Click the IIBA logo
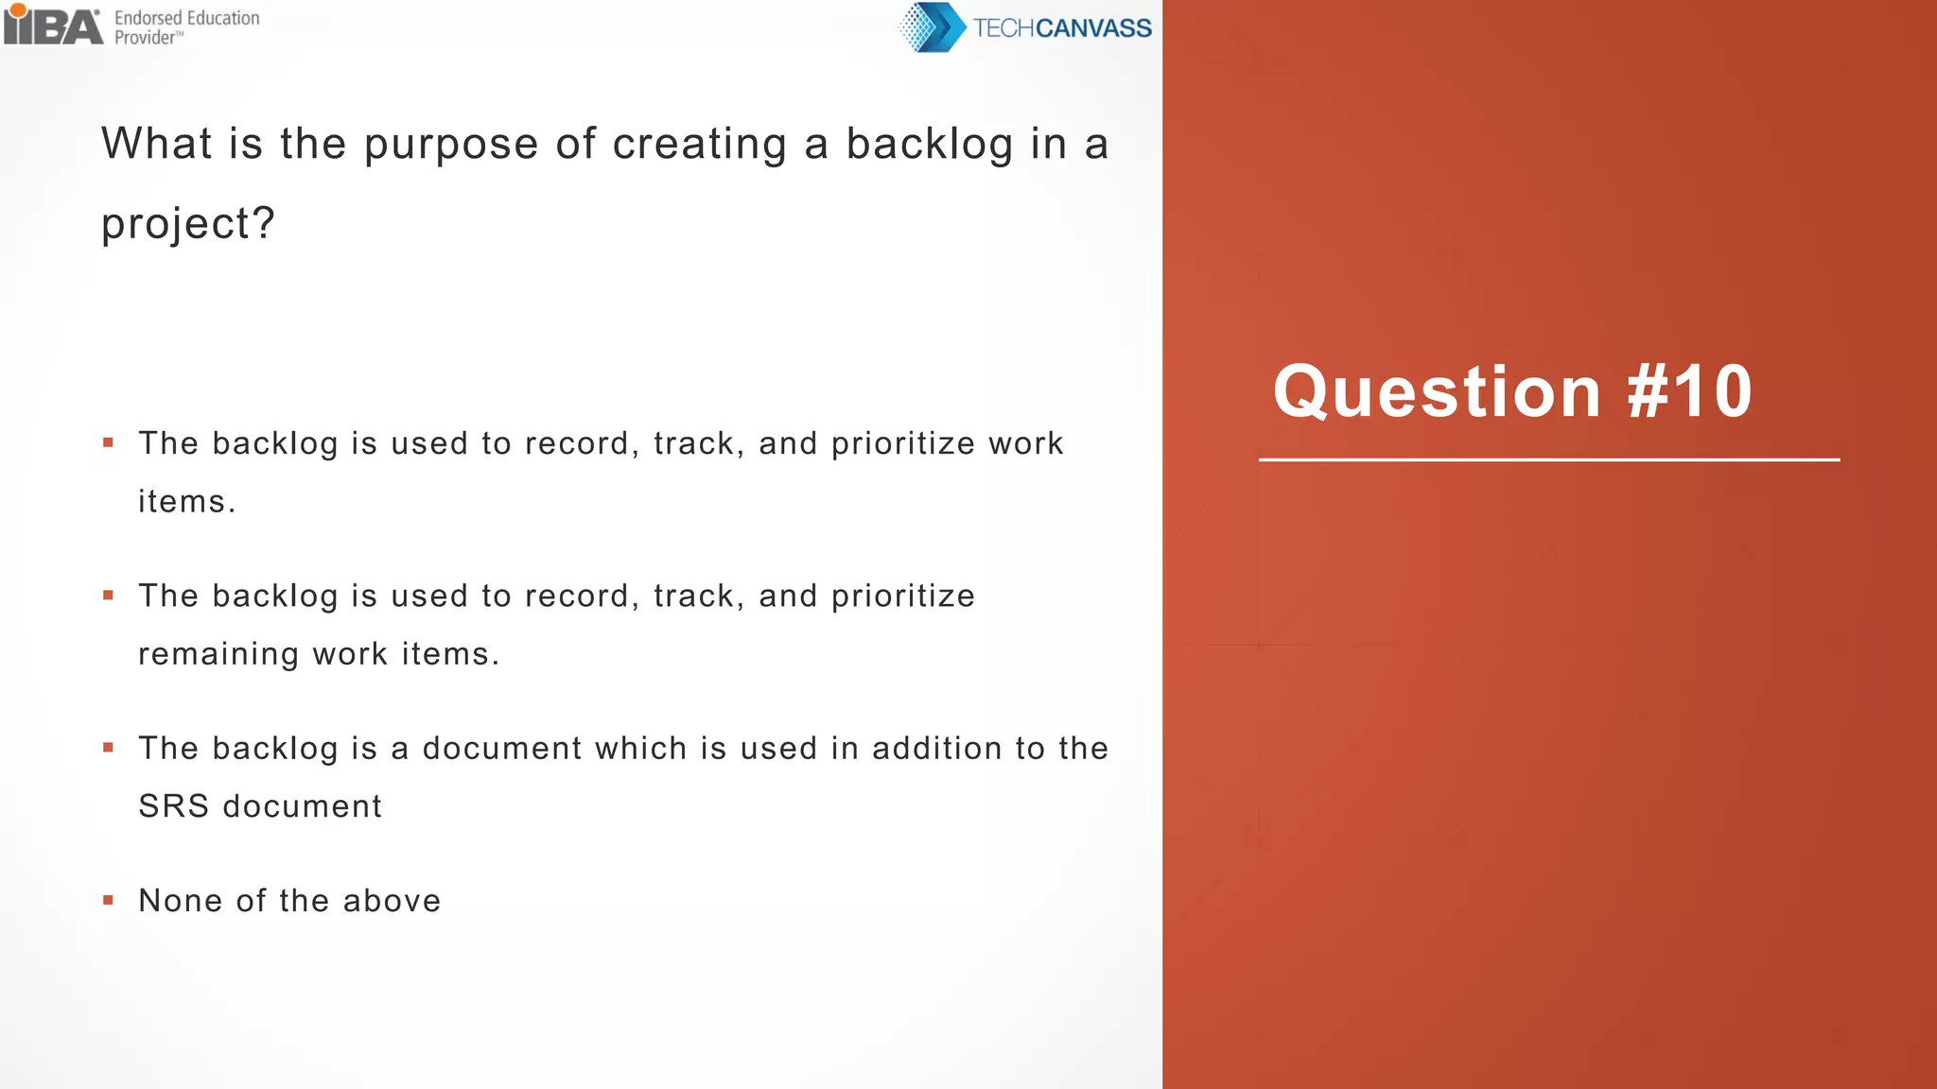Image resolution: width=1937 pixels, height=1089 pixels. coord(53,26)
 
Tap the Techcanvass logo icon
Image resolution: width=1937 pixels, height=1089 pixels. coord(931,27)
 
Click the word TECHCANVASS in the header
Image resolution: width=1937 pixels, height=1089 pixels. coord(1062,28)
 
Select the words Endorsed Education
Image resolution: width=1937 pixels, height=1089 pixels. coord(186,18)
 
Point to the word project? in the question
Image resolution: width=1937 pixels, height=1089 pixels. coord(188,224)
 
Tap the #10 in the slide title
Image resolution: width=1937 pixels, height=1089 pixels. coord(1689,391)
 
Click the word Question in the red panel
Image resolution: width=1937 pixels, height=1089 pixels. coord(1437,391)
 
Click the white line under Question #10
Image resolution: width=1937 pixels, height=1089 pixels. coord(1548,460)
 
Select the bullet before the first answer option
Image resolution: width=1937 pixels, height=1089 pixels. coord(109,442)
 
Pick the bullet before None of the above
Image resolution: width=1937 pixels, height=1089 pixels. coord(109,900)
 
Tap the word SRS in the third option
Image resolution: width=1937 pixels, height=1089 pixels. coord(173,806)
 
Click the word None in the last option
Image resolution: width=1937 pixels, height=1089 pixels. coord(181,901)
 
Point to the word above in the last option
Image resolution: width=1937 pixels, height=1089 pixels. coord(392,901)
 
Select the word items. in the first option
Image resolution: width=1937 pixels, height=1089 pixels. coord(186,502)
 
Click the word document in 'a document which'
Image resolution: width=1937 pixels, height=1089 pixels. coord(501,749)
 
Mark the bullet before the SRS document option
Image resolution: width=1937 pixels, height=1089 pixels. coord(109,748)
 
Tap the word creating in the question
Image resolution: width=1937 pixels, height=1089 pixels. coord(699,145)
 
